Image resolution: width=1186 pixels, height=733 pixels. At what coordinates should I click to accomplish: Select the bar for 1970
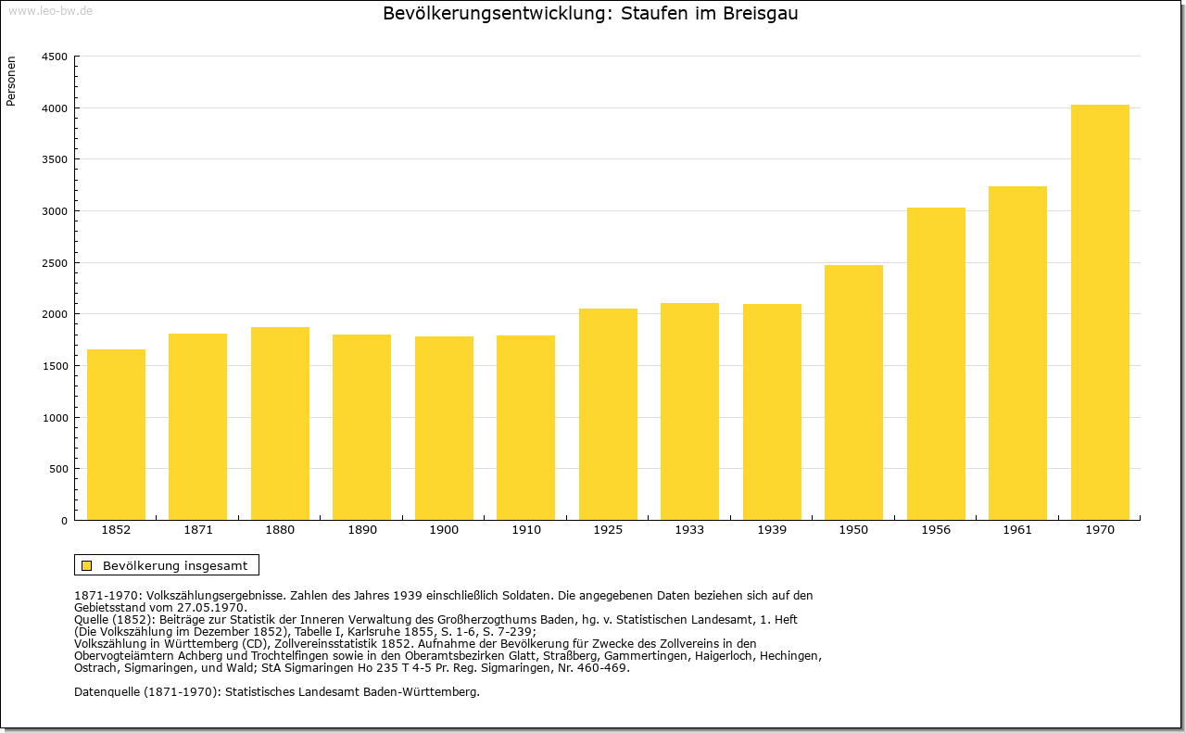[1100, 312]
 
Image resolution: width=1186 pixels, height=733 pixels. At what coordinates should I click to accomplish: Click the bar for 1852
[116, 435]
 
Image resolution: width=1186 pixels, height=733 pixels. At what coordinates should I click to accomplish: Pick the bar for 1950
[853, 393]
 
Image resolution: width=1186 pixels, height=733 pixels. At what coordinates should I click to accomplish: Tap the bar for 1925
[608, 414]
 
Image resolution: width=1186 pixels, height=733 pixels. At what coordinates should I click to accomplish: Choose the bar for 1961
[1017, 353]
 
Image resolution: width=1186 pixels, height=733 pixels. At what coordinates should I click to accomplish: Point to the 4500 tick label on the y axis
[55, 57]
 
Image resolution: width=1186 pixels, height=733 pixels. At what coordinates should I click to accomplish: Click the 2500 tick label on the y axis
[55, 263]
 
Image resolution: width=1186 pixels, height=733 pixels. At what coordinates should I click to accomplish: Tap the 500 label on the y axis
[58, 469]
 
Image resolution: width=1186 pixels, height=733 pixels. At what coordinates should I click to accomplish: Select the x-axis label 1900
[444, 530]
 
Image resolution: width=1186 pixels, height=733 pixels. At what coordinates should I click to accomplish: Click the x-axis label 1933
[689, 530]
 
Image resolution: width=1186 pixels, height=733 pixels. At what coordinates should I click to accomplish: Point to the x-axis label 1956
[936, 530]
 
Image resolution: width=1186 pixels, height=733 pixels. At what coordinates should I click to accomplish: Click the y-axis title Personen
[11, 81]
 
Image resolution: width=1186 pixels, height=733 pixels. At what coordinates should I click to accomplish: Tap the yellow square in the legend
[87, 565]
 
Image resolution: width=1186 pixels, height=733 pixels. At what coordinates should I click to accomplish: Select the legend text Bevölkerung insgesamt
[175, 565]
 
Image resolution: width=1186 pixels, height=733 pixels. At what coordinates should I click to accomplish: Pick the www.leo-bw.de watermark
[51, 11]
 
